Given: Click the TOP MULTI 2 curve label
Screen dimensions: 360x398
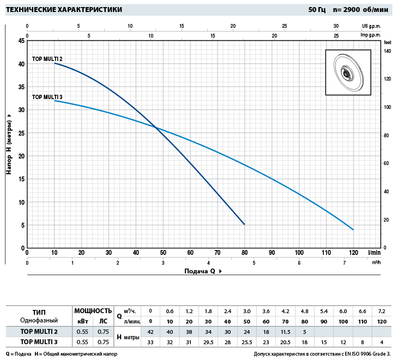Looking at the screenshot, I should click(x=47, y=58).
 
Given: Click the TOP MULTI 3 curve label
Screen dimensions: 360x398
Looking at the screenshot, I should click(x=47, y=97).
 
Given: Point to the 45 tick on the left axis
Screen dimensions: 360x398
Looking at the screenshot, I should click(x=21, y=41).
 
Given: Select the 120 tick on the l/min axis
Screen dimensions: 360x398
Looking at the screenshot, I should click(x=353, y=253).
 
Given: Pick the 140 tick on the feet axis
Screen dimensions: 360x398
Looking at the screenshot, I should click(x=388, y=51).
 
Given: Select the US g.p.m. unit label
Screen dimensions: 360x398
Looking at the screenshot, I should click(x=371, y=26).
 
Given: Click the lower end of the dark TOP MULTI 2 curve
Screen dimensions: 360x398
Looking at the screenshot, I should click(x=244, y=224).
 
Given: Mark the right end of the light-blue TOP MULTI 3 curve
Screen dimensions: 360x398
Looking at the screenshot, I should click(x=353, y=229).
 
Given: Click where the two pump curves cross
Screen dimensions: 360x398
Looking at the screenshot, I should click(x=156, y=127).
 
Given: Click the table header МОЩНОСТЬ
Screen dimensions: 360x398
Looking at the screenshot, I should click(x=93, y=311).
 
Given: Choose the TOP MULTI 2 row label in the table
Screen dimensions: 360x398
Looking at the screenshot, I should click(x=39, y=331).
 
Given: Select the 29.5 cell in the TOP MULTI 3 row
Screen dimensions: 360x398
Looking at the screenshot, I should click(x=208, y=341).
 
